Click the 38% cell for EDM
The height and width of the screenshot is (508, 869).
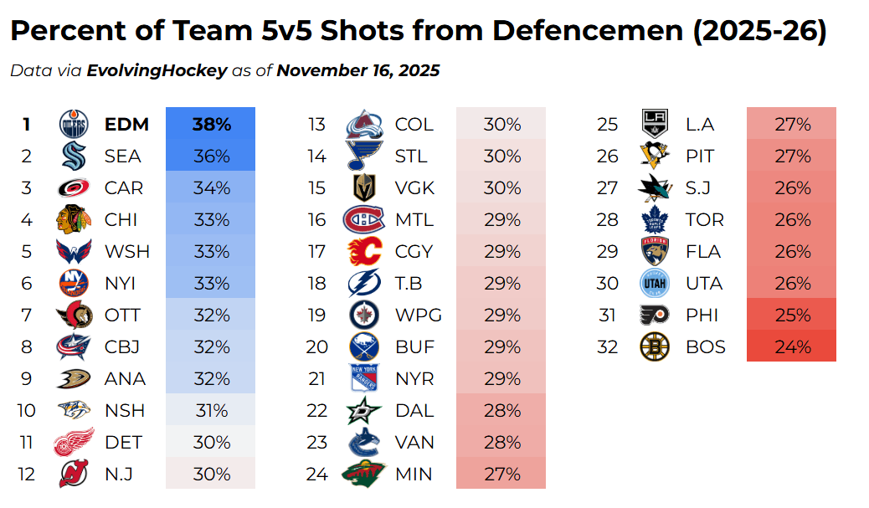pos(211,124)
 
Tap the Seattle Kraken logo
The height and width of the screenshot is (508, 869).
pos(74,156)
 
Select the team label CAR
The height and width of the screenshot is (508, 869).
pos(124,187)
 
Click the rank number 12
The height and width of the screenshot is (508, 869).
pos(26,474)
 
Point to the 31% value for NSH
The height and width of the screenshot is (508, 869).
pos(211,410)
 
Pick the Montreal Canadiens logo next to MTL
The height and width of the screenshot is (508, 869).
pos(364,219)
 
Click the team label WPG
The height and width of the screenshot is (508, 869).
pos(418,315)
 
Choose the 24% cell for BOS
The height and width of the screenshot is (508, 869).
pos(791,346)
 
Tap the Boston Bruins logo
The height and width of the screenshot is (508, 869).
pos(655,346)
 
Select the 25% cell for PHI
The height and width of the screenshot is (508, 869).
pos(791,315)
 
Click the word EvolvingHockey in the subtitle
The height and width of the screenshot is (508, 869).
pos(157,70)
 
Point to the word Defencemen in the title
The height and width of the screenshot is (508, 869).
pos(586,32)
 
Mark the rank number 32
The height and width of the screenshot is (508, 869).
pos(607,346)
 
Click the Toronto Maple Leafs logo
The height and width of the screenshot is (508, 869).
pos(655,219)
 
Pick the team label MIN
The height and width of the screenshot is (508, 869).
pos(414,474)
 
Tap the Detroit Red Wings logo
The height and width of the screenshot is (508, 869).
pos(74,442)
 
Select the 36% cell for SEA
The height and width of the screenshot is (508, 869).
pos(211,156)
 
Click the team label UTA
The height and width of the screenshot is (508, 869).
pos(704,283)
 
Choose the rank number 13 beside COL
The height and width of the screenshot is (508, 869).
pos(316,124)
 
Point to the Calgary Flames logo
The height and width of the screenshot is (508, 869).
pos(364,251)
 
